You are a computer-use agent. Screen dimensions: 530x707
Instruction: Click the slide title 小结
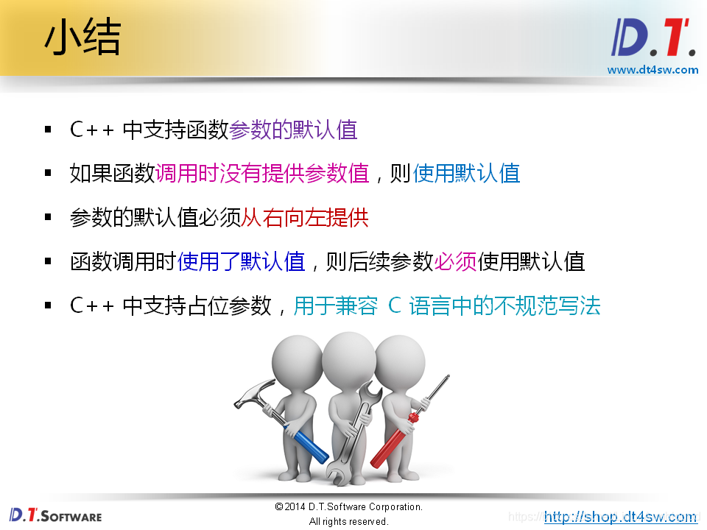82,38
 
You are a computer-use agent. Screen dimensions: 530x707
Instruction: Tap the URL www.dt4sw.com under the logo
653,70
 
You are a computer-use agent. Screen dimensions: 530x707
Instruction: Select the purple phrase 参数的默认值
293,130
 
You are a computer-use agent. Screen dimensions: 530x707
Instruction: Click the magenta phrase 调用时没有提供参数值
262,174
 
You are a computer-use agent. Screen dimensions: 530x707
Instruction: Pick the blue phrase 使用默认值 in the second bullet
466,174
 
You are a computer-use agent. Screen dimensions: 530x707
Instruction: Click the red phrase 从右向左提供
305,218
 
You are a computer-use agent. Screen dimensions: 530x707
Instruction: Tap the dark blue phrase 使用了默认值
241,261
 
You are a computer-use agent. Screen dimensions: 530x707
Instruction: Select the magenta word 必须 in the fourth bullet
456,261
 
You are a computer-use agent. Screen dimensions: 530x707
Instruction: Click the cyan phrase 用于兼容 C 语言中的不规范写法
447,305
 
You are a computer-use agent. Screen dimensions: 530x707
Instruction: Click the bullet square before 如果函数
49,174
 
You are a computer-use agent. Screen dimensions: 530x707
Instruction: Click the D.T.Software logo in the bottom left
55,515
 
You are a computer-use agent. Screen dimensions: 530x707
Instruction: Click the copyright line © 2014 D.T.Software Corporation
348,507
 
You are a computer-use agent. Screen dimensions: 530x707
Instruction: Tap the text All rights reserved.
348,521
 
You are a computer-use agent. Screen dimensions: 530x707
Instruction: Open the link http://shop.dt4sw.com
620,517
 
